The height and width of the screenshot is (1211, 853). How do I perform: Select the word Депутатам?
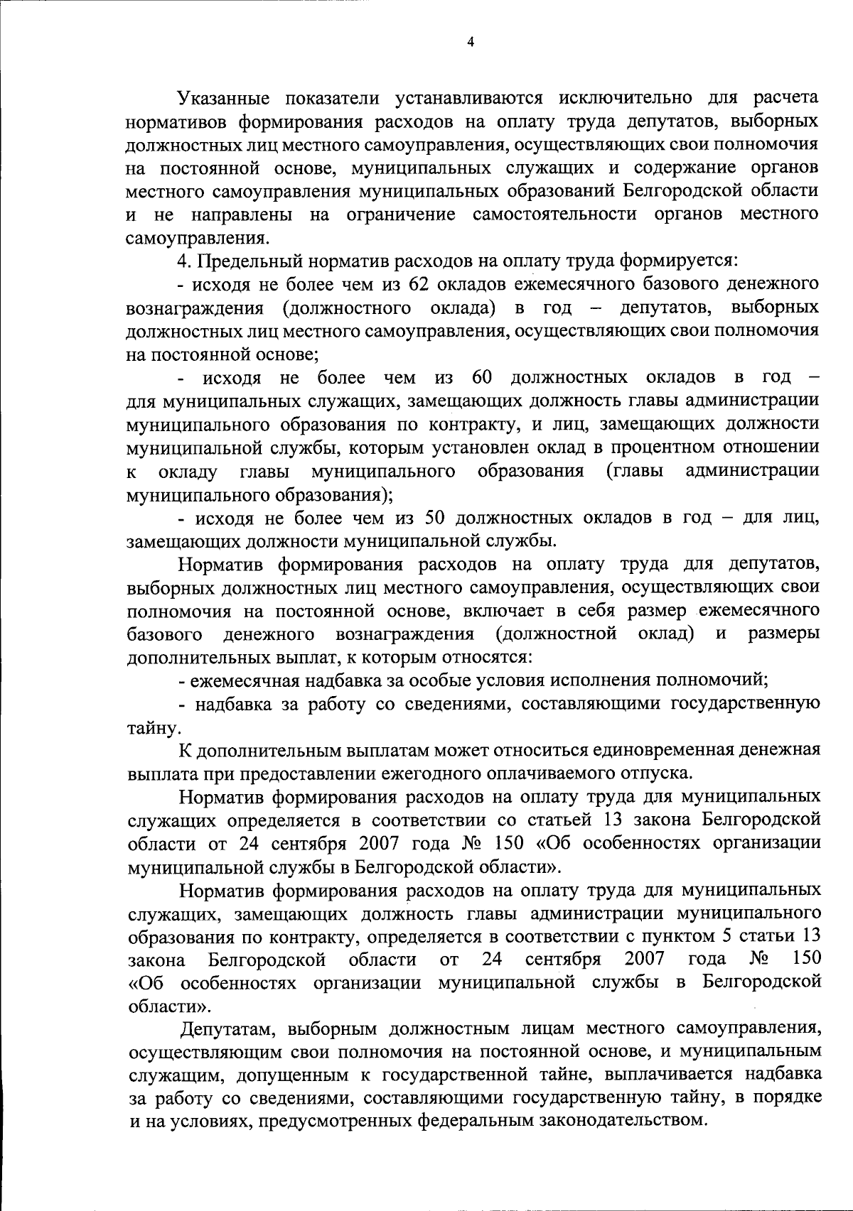coord(228,1028)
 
